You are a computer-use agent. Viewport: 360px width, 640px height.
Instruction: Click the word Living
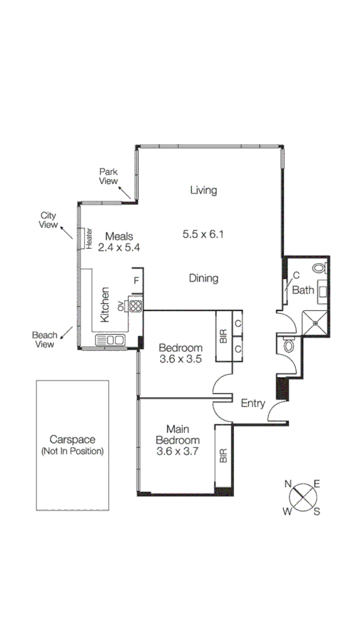(x=203, y=190)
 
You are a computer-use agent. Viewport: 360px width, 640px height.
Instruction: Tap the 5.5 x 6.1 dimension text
(x=203, y=233)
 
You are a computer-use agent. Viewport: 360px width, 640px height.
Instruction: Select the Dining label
(x=203, y=278)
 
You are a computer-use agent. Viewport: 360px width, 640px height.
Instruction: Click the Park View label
(x=108, y=176)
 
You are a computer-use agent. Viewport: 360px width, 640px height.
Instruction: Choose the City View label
(x=48, y=220)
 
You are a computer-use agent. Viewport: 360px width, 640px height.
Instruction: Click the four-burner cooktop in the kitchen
(x=136, y=305)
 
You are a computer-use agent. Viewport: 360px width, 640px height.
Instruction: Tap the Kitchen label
(x=105, y=305)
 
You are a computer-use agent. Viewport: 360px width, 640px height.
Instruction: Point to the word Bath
(x=303, y=290)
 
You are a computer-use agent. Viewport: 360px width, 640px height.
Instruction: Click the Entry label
(x=253, y=403)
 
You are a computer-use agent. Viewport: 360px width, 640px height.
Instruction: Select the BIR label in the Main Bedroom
(x=223, y=456)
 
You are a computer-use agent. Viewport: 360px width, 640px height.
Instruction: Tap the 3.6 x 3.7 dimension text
(x=181, y=450)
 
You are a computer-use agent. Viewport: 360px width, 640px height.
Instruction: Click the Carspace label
(x=72, y=440)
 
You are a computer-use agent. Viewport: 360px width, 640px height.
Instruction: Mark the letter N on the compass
(x=290, y=484)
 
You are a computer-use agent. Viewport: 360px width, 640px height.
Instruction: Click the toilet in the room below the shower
(x=288, y=346)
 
